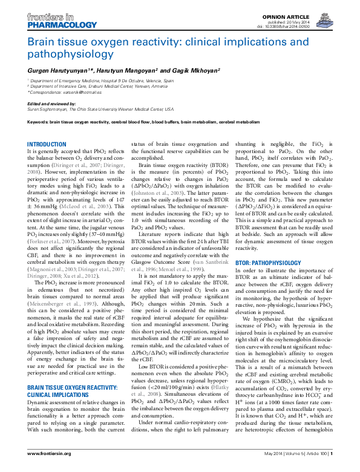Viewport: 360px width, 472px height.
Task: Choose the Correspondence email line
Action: [x=67, y=92]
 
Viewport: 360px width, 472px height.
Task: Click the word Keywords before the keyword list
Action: [x=38, y=122]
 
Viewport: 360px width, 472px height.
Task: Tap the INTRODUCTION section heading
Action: [x=48, y=143]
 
